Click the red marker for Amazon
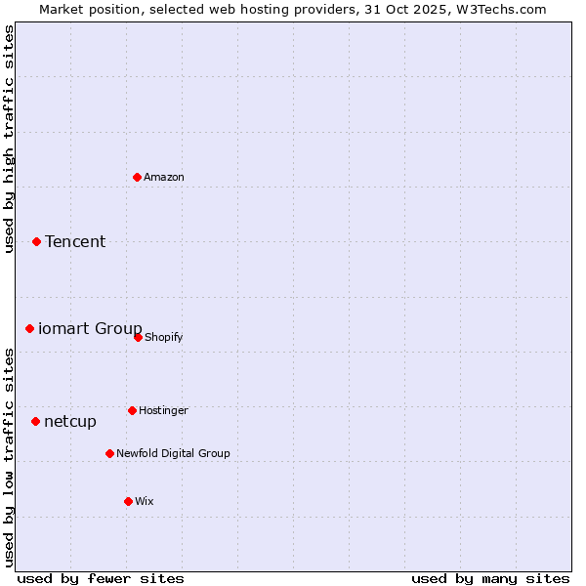point(138,177)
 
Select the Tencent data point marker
point(37,241)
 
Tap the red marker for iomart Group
point(30,328)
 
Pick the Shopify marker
point(138,337)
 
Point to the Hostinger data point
point(132,410)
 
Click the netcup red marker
point(36,421)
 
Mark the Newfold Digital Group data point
point(109,453)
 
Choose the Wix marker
point(128,501)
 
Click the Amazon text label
point(164,177)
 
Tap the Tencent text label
point(75,241)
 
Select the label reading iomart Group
point(90,328)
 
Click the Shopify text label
point(164,337)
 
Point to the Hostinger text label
point(163,410)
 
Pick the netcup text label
point(70,421)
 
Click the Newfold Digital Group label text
point(173,453)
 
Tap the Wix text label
point(145,501)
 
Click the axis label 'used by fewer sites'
point(101,578)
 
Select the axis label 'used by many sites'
point(490,578)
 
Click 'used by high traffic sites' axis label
point(9,139)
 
